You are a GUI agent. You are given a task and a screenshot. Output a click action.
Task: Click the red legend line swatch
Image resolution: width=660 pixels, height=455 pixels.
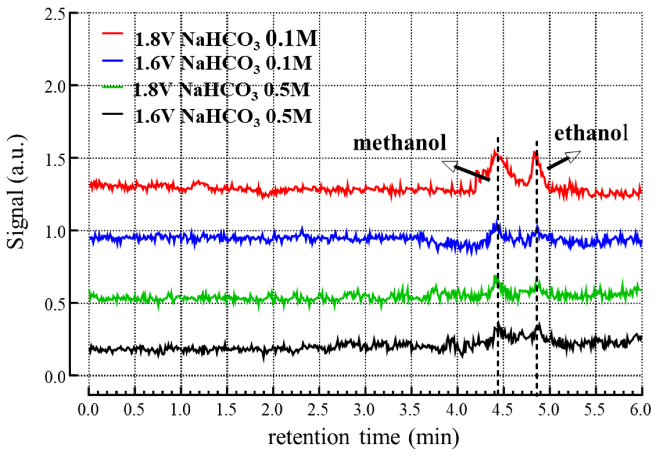[112, 34]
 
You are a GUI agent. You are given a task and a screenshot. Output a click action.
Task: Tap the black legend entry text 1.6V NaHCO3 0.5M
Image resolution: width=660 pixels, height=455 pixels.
[223, 117]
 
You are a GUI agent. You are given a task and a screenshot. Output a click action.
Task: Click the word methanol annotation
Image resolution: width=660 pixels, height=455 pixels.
[399, 143]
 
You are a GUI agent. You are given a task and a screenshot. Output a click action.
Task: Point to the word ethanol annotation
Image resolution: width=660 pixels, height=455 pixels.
[591, 134]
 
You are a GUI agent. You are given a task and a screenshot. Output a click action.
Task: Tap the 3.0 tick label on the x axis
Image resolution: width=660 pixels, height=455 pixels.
[365, 410]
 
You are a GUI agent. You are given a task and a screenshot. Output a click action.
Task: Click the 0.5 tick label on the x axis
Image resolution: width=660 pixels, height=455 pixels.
[134, 410]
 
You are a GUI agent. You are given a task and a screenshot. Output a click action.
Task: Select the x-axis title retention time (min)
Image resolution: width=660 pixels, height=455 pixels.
[363, 438]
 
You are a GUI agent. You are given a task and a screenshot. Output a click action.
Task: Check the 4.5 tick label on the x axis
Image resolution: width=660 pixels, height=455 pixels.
[503, 410]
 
